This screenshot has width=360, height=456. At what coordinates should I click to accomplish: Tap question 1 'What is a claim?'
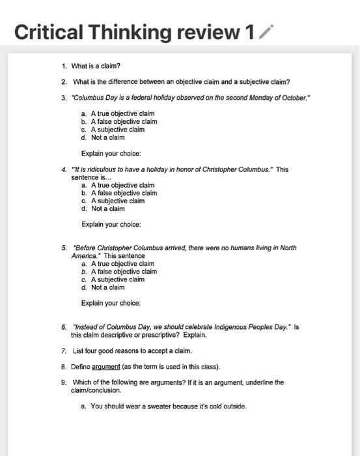tap(96, 66)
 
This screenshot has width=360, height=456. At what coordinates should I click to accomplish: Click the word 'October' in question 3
tap(290, 98)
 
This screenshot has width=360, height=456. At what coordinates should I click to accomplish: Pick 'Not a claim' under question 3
tap(107, 137)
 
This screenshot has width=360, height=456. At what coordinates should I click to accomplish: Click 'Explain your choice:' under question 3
tap(111, 154)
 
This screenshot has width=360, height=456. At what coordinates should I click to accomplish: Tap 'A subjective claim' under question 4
tap(118, 201)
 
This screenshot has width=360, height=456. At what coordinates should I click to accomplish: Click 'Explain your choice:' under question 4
tap(111, 225)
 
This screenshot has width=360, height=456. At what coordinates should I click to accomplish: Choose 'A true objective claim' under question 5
tap(122, 264)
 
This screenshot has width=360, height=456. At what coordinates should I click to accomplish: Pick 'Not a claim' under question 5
tap(107, 287)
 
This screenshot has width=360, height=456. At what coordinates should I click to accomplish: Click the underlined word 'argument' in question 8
tap(105, 366)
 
